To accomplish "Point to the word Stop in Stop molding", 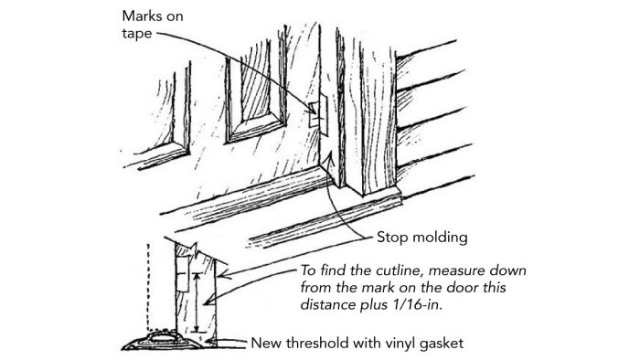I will (x=394, y=237).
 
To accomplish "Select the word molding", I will (x=443, y=238).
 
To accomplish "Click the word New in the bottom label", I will (x=267, y=343).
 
